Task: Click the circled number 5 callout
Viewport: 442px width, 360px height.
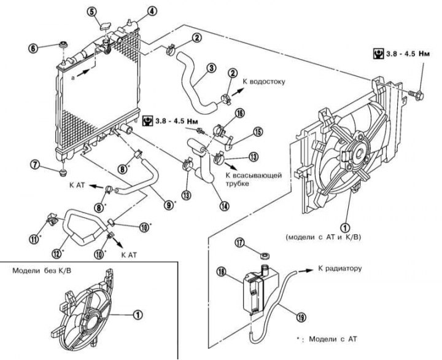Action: click(x=93, y=12)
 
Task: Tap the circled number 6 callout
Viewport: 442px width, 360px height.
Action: click(x=33, y=49)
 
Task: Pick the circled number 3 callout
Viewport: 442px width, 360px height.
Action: click(x=211, y=68)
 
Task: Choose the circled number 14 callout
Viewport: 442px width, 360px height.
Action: click(x=225, y=206)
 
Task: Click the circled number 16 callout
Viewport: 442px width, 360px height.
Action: click(x=240, y=113)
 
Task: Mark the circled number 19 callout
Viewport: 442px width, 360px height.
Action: click(x=301, y=318)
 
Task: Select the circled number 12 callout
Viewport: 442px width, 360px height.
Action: click(x=56, y=254)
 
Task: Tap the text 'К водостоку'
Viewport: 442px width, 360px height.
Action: click(x=264, y=82)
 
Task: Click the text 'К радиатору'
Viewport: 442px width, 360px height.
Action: click(x=339, y=268)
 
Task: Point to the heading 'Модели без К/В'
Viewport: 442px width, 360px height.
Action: click(x=42, y=271)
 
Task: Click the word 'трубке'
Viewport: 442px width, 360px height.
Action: click(x=238, y=184)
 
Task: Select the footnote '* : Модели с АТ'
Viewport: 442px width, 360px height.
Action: click(x=327, y=338)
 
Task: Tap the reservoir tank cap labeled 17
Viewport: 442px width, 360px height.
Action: click(x=265, y=256)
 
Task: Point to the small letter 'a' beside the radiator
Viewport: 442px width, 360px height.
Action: click(x=73, y=78)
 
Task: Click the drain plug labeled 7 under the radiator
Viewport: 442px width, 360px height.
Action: click(x=63, y=172)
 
